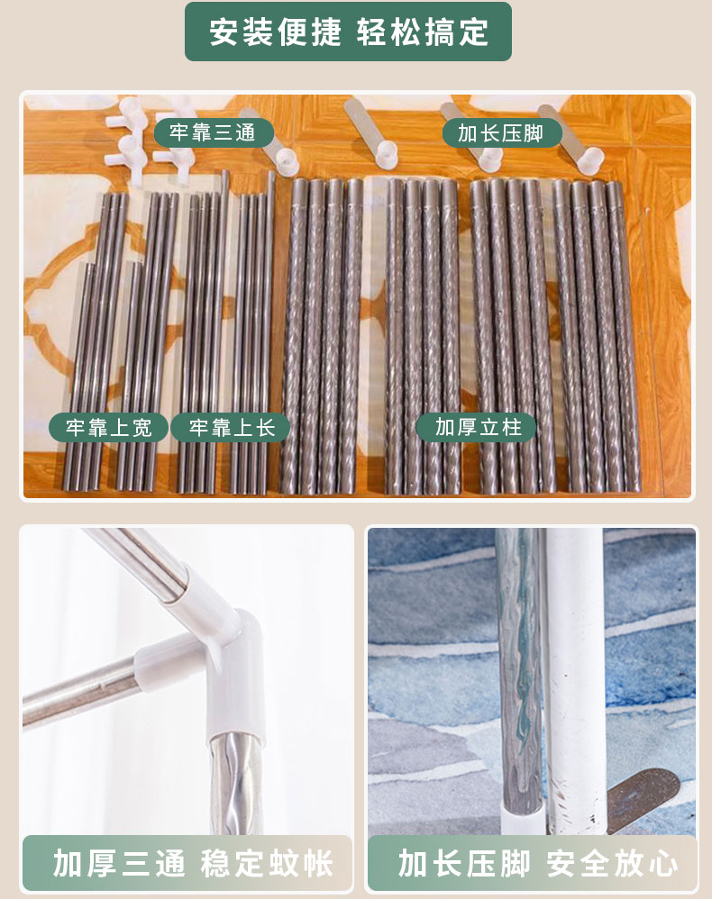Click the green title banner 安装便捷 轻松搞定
348,32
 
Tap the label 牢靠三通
213,132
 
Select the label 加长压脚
501,133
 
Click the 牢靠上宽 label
109,427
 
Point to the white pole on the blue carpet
574,677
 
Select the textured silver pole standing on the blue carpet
518,671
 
